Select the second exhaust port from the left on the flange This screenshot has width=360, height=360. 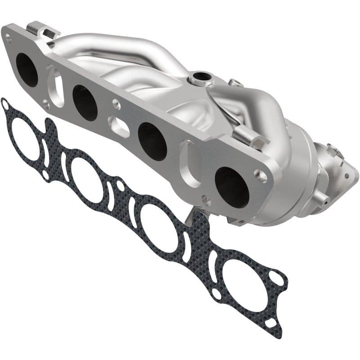click(x=85, y=102)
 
